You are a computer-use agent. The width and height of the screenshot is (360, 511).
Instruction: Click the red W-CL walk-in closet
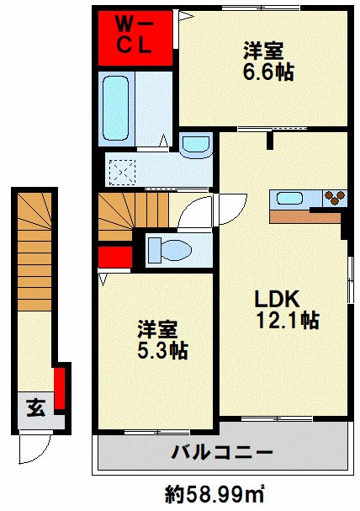(135, 38)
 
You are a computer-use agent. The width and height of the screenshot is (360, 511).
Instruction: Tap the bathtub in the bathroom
(115, 109)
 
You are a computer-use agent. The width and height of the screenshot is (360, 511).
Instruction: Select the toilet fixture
(169, 250)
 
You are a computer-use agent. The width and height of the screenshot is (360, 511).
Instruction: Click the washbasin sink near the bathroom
(196, 146)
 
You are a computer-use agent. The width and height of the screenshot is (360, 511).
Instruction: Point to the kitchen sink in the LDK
(289, 198)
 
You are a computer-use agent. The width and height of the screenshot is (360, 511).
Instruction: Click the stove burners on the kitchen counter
(335, 198)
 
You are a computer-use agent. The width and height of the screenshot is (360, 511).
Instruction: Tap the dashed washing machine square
(123, 172)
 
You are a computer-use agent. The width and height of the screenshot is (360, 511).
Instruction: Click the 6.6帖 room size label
(268, 72)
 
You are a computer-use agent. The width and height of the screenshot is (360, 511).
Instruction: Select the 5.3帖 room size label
(162, 351)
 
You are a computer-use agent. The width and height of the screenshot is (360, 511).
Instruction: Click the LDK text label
(277, 299)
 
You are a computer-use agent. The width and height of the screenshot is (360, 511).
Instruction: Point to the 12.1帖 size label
(288, 320)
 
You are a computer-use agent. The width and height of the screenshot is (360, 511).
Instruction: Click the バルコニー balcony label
(222, 452)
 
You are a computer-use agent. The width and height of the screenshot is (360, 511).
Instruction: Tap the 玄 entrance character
(36, 407)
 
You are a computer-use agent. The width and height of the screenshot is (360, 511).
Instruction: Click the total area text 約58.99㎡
(214, 494)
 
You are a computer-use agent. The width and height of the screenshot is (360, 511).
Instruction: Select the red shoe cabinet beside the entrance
(60, 388)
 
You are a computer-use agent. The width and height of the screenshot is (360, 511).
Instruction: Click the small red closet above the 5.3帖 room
(115, 257)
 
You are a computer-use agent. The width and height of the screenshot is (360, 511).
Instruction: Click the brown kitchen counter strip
(305, 216)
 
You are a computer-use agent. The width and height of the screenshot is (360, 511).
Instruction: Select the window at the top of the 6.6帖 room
(261, 8)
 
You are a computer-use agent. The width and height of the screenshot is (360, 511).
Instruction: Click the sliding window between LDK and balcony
(277, 418)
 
